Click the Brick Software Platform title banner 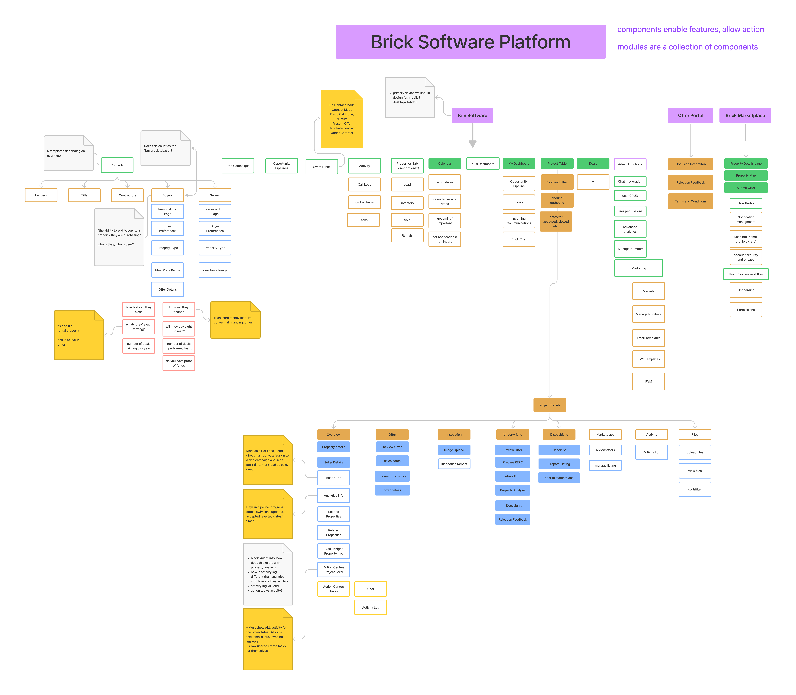(x=471, y=42)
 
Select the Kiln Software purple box (x=473, y=116)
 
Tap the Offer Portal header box (x=691, y=116)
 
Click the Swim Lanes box (x=322, y=167)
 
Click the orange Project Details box (x=550, y=405)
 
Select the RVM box (x=649, y=382)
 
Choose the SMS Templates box (x=649, y=359)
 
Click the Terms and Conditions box (x=691, y=201)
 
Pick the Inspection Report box (x=454, y=464)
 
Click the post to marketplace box (x=559, y=478)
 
